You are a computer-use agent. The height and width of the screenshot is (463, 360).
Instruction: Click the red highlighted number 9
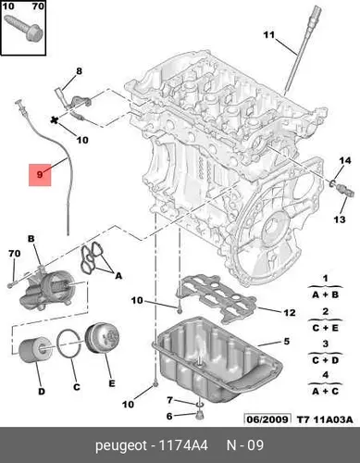point(40,175)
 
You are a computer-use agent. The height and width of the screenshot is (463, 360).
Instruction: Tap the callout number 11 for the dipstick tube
point(269,34)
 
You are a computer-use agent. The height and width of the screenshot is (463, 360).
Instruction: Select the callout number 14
point(345,160)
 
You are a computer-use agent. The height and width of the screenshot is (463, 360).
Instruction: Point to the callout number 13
point(340,219)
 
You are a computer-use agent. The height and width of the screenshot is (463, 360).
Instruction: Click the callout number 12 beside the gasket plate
point(290,313)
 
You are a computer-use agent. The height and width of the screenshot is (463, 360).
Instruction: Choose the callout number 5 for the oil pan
point(287,341)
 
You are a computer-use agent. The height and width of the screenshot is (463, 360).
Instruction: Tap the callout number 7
point(169,400)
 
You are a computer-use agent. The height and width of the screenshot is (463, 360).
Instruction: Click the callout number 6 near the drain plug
point(169,416)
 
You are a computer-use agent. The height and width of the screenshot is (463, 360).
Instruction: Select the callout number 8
point(80,71)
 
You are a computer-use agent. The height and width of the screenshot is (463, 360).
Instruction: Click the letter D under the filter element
point(42,392)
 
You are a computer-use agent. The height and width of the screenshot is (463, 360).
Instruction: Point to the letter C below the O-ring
point(77,387)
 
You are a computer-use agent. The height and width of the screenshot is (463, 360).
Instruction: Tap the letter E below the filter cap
point(112,383)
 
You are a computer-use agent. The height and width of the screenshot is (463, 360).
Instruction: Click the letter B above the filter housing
point(31,239)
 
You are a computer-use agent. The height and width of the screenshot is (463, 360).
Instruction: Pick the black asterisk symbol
point(55,120)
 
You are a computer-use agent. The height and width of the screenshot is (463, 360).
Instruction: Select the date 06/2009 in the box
point(267,419)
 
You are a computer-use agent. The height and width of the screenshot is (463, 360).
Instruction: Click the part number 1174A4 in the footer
point(183,445)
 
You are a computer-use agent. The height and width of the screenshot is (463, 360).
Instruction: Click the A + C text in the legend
point(325,392)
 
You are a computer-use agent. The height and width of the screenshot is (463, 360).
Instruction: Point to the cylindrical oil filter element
point(35,350)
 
